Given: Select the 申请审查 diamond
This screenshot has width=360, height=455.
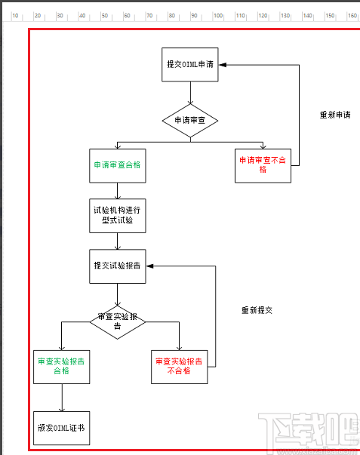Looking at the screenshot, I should (x=190, y=120).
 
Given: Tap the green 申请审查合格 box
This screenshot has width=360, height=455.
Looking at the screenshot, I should (x=117, y=164).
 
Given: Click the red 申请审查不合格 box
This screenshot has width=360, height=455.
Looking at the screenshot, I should (x=263, y=164).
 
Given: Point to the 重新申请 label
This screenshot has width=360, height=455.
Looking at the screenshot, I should (x=335, y=115).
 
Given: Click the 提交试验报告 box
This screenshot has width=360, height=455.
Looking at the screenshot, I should (x=117, y=266).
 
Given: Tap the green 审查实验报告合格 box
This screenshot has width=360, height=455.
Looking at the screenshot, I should (x=61, y=366).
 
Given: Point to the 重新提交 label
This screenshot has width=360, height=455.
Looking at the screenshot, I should (x=257, y=310).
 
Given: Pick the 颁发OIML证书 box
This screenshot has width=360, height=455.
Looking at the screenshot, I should (x=61, y=428).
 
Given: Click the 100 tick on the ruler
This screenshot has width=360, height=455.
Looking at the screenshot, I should (x=218, y=15).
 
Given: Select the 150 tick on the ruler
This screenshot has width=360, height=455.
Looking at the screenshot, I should (x=330, y=15).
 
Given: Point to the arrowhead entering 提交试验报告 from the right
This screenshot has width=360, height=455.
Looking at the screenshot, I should (x=149, y=266).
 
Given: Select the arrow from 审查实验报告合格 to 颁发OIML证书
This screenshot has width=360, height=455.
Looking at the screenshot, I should (x=61, y=397).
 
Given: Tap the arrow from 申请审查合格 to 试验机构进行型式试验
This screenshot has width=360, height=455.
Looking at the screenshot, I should (x=117, y=190).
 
